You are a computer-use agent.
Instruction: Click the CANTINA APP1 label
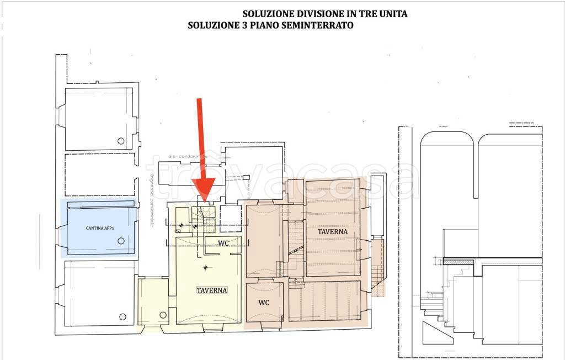coord(99,227)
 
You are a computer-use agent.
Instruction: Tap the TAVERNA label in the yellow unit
coord(212,290)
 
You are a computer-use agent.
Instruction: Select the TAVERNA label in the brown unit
coord(333,232)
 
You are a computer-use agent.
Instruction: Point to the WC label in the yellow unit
coord(223,243)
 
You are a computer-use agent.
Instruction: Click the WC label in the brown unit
coord(264,303)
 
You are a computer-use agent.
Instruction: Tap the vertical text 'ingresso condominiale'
coord(151,199)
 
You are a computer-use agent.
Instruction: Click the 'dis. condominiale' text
coord(188,156)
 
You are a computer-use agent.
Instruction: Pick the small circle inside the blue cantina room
coord(121,241)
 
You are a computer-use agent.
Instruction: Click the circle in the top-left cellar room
coord(121,141)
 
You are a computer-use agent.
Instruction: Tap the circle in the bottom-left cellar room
coord(122,316)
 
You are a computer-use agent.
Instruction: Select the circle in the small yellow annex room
coord(163,315)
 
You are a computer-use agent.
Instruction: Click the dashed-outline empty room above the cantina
coord(99,174)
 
